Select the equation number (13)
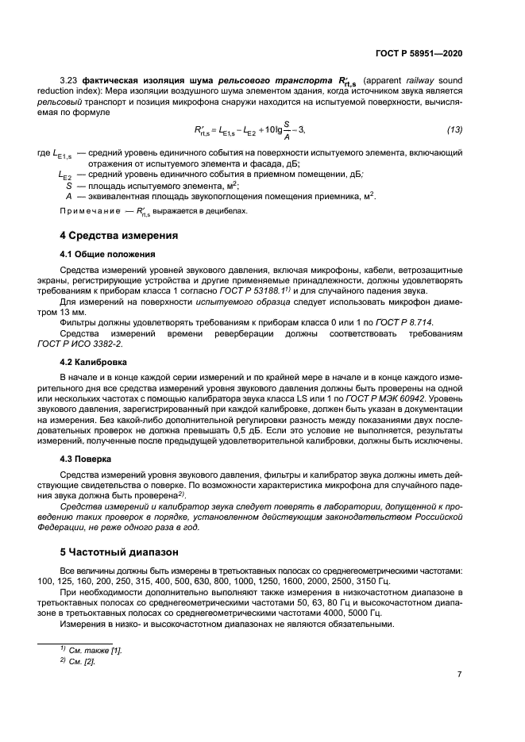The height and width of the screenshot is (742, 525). point(454,129)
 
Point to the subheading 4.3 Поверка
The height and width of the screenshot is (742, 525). point(86,459)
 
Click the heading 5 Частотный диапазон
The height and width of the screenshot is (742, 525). point(114,551)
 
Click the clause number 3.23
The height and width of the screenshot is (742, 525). point(68,81)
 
